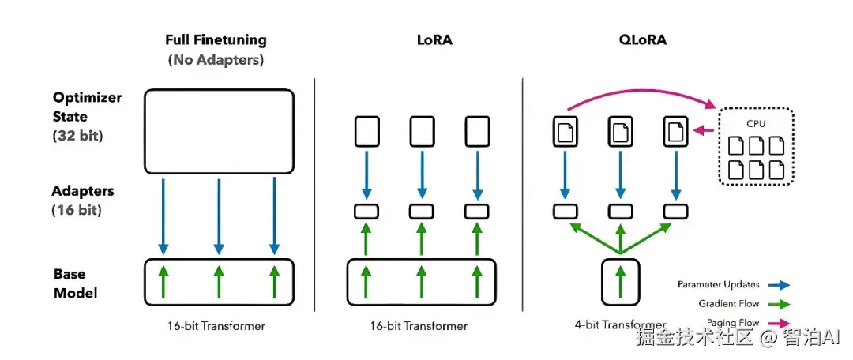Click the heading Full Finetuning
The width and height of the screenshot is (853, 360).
(x=216, y=40)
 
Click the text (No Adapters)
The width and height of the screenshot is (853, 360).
(x=216, y=60)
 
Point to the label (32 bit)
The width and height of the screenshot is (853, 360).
(x=77, y=136)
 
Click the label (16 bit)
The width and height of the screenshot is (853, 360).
(x=77, y=211)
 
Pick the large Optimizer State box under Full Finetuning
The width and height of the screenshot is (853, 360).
(x=220, y=132)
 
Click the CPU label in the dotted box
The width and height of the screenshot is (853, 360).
(x=756, y=124)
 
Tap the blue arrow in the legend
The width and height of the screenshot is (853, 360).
(x=779, y=284)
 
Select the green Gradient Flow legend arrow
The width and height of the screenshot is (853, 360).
(x=779, y=304)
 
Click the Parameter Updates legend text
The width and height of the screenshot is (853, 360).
(x=718, y=284)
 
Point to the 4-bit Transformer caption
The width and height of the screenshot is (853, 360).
(x=620, y=326)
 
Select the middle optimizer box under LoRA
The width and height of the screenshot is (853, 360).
(x=422, y=131)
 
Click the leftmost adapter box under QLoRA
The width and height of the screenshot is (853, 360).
(x=566, y=211)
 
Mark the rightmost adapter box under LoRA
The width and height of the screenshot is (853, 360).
(x=477, y=211)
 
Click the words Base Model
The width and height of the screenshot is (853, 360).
(x=76, y=283)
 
